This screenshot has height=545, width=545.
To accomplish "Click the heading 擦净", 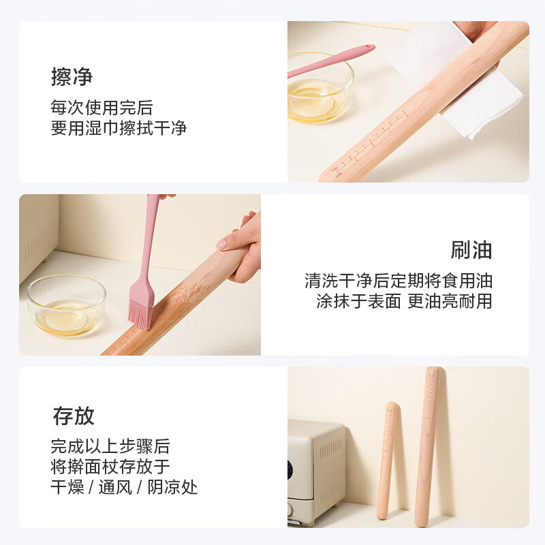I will pyautogui.click(x=72, y=77).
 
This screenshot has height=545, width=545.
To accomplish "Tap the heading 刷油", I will pyautogui.click(x=471, y=250).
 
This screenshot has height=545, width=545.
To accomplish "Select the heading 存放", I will pyautogui.click(x=74, y=416).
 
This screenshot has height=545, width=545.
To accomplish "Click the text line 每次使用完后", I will pyautogui.click(x=102, y=108).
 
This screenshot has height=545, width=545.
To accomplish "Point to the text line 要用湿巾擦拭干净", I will pyautogui.click(x=119, y=128).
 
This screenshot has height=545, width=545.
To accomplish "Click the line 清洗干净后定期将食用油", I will pyautogui.click(x=398, y=281).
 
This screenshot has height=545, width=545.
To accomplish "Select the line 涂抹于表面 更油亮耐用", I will pyautogui.click(x=403, y=301).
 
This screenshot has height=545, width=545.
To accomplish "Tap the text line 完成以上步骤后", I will pyautogui.click(x=110, y=447).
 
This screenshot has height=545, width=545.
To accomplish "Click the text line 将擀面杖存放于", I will pyautogui.click(x=110, y=467).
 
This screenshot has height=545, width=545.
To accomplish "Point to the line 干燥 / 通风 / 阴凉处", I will pyautogui.click(x=124, y=487).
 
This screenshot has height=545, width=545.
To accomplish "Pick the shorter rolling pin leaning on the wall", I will pyautogui.click(x=388, y=460).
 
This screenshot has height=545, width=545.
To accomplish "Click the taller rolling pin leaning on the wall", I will pyautogui.click(x=429, y=446).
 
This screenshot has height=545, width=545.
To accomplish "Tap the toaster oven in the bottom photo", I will pyautogui.click(x=315, y=470).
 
